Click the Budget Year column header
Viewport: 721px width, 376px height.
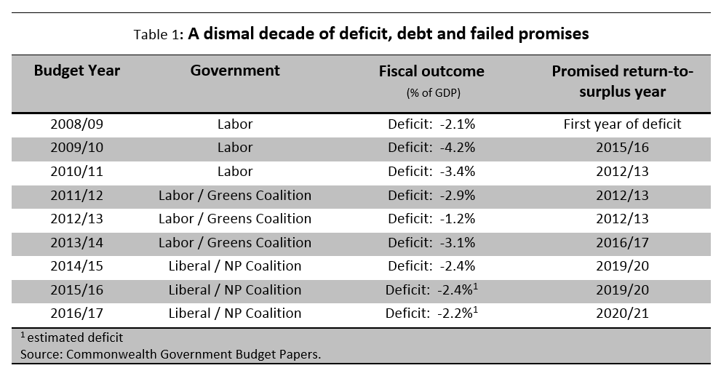76,71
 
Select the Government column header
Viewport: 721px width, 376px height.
235,71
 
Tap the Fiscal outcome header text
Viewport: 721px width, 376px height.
431,71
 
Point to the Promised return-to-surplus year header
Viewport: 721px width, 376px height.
622,81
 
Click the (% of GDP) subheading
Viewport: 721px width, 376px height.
431,93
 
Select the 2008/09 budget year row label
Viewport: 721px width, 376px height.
77,124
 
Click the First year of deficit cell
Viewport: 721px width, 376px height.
622,124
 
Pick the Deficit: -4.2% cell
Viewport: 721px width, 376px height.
431,148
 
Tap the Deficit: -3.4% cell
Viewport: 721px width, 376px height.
431,172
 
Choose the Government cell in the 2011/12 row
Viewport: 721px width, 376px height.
235,196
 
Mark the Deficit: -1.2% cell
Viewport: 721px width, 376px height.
431,219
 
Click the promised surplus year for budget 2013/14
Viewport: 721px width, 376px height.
622,243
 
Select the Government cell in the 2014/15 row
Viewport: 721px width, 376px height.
235,266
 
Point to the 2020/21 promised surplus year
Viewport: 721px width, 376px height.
622,313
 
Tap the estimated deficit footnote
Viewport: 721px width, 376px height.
71,337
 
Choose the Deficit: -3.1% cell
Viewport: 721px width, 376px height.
431,243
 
